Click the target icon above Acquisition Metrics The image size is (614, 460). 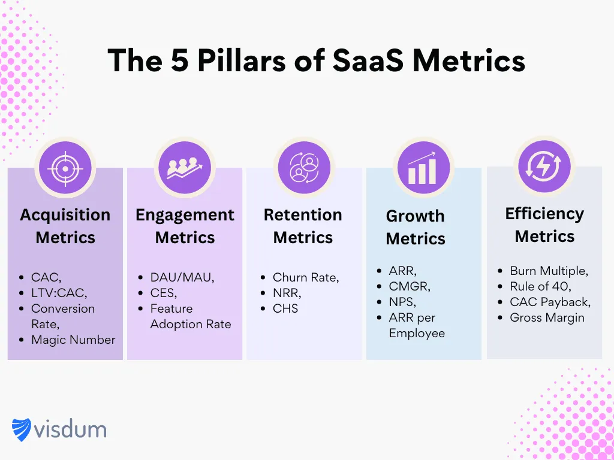[65, 168]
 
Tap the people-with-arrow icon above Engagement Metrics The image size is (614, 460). [184, 168]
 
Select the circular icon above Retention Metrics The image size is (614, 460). [304, 168]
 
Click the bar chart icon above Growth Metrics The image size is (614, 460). [423, 168]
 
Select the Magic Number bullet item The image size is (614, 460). [73, 340]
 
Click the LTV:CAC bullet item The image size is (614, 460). [59, 293]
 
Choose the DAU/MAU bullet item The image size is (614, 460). [182, 277]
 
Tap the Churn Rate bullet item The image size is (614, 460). [306, 277]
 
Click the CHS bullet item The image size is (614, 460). [285, 308]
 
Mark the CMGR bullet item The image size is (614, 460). [409, 286]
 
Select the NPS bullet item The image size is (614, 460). [402, 302]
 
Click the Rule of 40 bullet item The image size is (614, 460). [540, 286]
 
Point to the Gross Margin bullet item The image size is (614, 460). [547, 317]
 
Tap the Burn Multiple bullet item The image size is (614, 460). [549, 271]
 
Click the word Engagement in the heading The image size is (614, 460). [185, 215]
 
